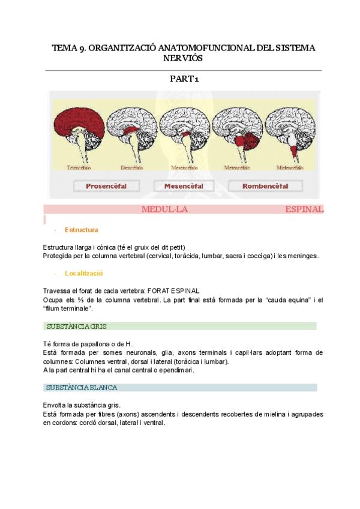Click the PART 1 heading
click(x=184, y=79)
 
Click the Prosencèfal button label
click(x=106, y=186)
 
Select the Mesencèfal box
click(x=184, y=186)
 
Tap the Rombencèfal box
click(x=265, y=186)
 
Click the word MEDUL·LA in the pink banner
click(x=165, y=209)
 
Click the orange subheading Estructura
click(x=82, y=230)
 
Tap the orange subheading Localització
click(x=84, y=273)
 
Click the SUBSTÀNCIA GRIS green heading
click(x=73, y=326)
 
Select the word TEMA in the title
click(x=63, y=47)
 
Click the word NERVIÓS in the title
click(x=184, y=58)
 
